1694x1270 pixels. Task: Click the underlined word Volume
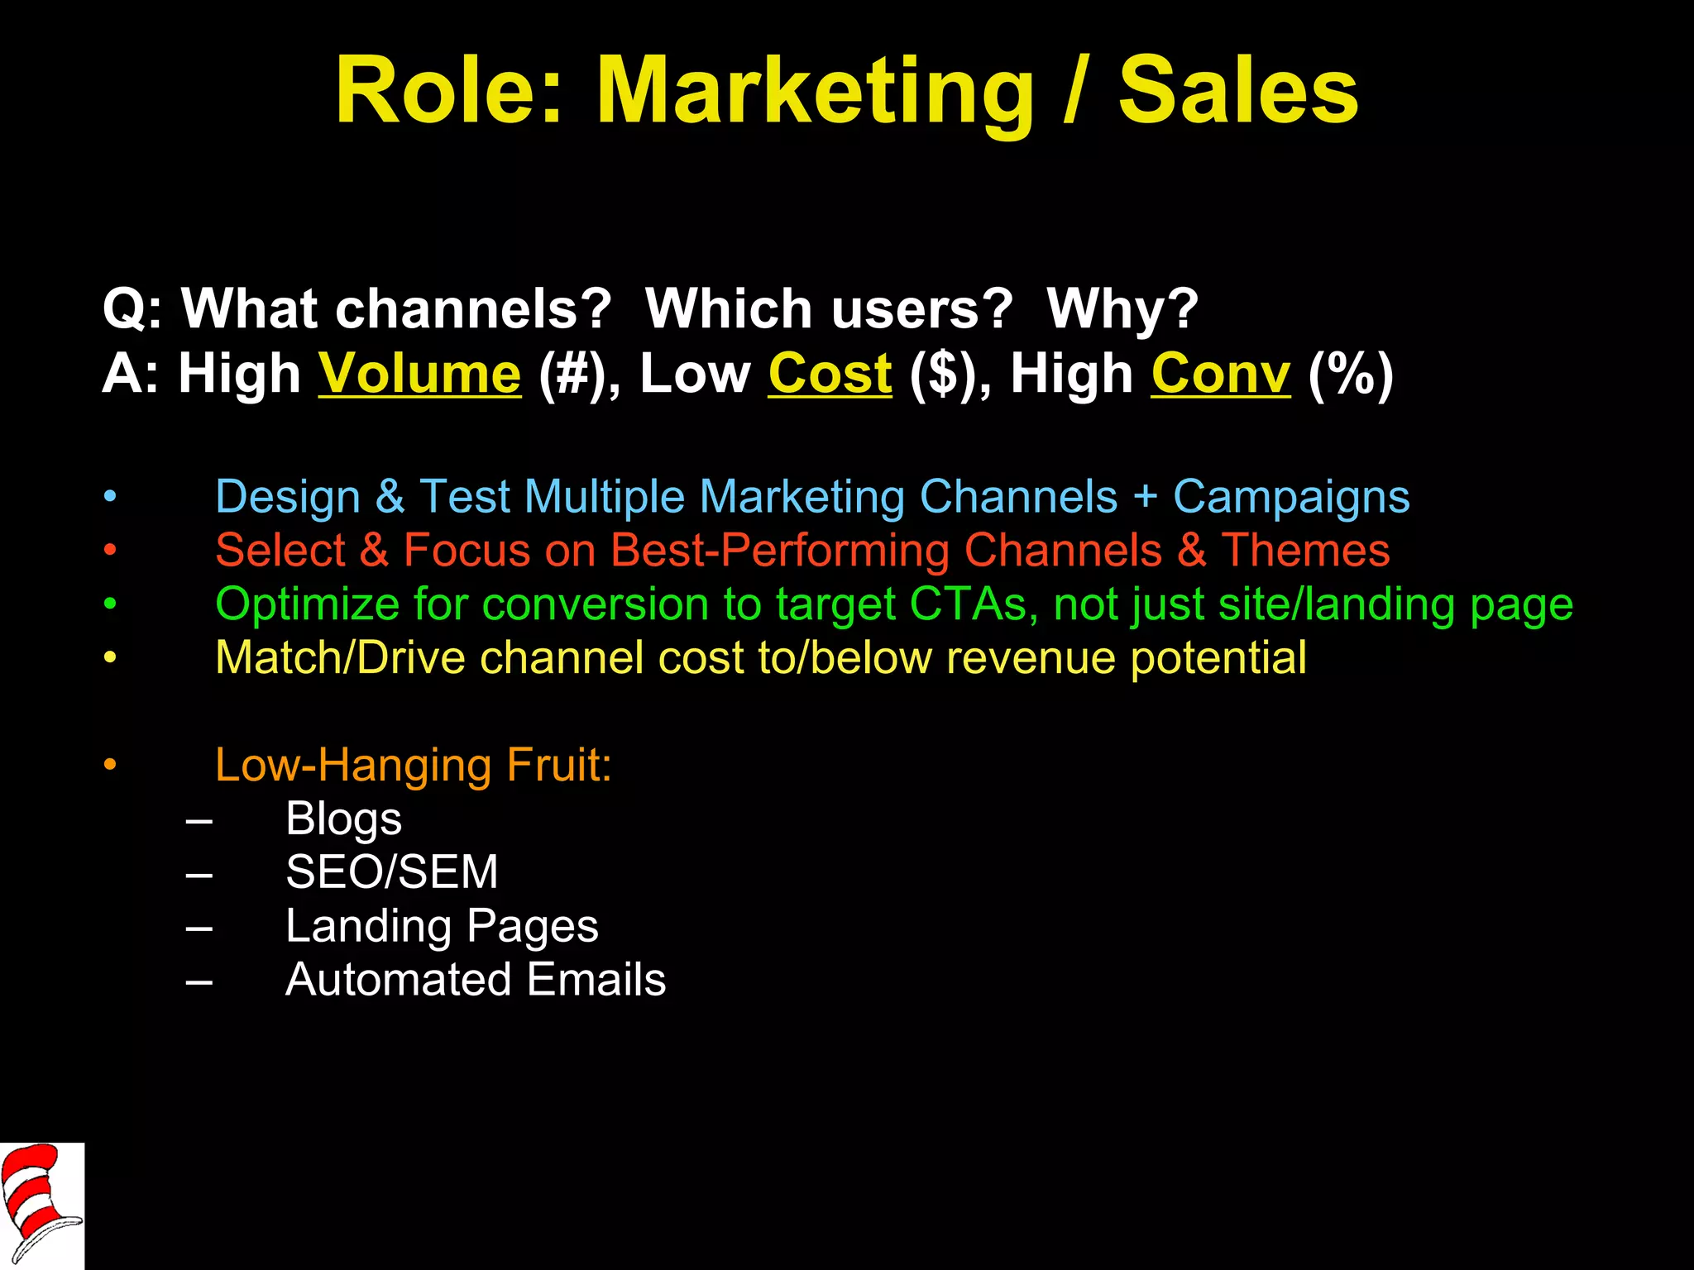pyautogui.click(x=420, y=374)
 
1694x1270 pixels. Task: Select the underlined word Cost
pyautogui.click(x=830, y=374)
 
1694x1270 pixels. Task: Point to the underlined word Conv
pyautogui.click(x=1220, y=374)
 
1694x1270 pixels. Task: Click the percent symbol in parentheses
pyautogui.click(x=1352, y=374)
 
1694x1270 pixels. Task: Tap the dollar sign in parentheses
pyautogui.click(x=941, y=374)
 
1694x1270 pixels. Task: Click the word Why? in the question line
pyautogui.click(x=1122, y=309)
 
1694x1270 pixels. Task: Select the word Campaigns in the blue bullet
pyautogui.click(x=1291, y=497)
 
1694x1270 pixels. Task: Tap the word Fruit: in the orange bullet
pyautogui.click(x=559, y=765)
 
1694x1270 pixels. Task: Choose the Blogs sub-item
pyautogui.click(x=343, y=819)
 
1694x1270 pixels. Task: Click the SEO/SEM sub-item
pyautogui.click(x=391, y=872)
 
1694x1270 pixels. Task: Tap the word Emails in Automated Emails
pyautogui.click(x=596, y=980)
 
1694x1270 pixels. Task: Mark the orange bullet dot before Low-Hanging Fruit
pyautogui.click(x=110, y=765)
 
